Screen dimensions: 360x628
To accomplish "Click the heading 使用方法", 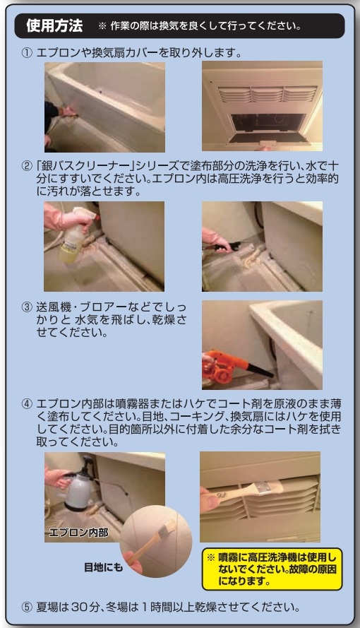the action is click(x=54, y=26).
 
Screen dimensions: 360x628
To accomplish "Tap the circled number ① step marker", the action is click(x=27, y=53).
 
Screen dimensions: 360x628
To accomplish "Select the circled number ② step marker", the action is click(x=27, y=166).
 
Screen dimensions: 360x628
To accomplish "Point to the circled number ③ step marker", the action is click(x=27, y=307).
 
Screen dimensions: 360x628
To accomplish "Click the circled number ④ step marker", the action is click(x=27, y=404).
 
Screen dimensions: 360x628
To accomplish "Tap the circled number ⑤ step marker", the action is click(x=27, y=608).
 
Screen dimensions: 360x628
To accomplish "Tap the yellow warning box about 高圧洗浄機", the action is click(x=272, y=569).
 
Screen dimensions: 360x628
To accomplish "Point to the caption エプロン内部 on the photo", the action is click(x=78, y=532).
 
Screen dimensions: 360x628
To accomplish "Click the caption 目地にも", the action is click(x=103, y=567).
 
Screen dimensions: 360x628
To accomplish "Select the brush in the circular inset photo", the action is click(x=154, y=540).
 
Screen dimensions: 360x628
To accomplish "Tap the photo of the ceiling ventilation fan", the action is click(x=262, y=106).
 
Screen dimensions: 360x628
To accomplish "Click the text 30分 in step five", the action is click(x=85, y=608).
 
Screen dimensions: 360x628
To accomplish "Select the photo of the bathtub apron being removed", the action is click(x=104, y=107).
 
